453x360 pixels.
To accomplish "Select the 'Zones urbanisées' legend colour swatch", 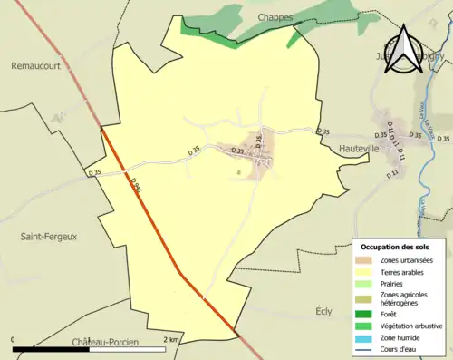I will point(367,260).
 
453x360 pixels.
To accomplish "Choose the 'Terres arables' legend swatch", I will point(367,271).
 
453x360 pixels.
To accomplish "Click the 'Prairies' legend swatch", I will point(367,283).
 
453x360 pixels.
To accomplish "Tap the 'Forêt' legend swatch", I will point(367,314).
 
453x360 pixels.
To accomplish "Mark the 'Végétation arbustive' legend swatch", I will point(367,325).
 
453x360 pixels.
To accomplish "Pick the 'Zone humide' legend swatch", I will point(367,336).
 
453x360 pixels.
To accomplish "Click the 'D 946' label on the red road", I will point(136,186).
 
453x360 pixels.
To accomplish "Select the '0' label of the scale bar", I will point(14,339).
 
